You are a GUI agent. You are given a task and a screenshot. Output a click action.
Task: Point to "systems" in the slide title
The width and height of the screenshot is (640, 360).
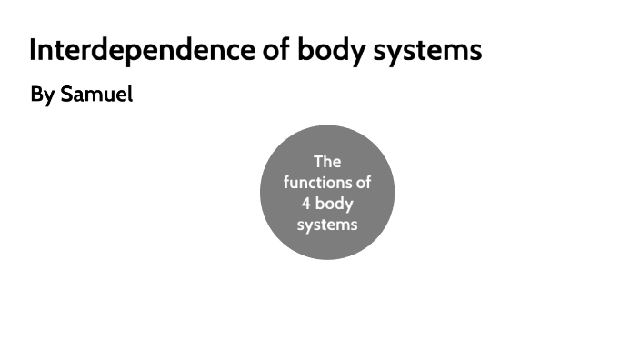pos(428,52)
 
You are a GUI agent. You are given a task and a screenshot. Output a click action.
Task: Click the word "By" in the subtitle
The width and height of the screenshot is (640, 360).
pos(42,95)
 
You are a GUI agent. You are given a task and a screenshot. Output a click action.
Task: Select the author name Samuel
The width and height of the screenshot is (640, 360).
pos(96,95)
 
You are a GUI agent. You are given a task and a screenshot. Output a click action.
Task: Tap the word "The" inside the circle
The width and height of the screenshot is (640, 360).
pos(326,162)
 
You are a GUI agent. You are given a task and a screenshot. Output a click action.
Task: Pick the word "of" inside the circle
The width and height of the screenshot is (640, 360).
pos(362,182)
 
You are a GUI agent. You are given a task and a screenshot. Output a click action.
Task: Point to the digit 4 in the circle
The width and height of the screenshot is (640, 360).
pos(306,203)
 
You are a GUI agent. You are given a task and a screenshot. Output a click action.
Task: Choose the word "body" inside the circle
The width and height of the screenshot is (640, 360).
pos(335,204)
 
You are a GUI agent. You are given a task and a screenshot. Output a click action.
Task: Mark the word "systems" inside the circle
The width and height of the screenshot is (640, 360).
pos(326,224)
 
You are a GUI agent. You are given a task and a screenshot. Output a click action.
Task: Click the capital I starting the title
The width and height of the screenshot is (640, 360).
pos(33,50)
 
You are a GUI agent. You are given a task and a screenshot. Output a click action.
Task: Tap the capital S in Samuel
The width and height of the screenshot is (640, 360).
pos(66,95)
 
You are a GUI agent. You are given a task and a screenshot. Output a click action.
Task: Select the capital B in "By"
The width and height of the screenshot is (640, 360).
pos(36,95)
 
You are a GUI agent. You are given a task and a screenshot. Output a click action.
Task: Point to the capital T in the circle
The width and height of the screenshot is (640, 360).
pos(318,162)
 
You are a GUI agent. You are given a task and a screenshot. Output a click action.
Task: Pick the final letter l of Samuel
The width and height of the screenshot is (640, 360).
pos(130,94)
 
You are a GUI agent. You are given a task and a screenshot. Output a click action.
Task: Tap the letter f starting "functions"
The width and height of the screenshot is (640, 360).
pos(286,182)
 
